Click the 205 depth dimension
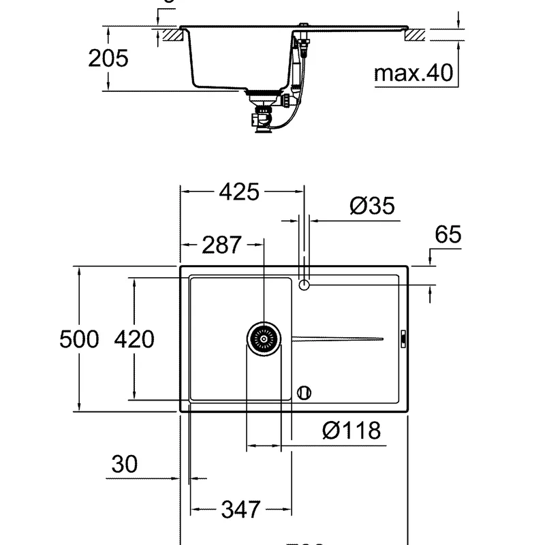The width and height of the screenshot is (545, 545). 108,59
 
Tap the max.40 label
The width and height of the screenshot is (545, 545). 414,73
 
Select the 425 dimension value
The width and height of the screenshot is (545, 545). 238,193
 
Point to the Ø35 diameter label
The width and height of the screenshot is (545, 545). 372,205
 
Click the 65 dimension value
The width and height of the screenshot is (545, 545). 448,235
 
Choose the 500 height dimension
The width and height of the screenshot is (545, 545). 79,339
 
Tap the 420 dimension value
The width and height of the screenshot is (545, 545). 134,339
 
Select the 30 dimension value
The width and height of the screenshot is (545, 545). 124,465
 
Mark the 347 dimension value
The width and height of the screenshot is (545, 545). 241,509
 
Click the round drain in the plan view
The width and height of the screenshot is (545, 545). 264,339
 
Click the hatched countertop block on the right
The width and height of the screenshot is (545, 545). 414,34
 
